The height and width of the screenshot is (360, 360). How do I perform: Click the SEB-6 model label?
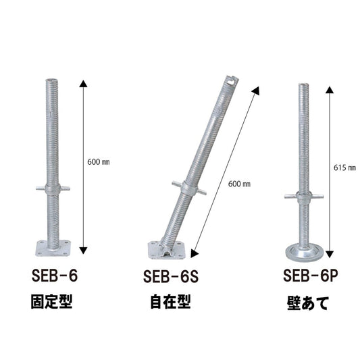click(55, 276)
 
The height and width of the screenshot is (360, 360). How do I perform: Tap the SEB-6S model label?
click(171, 277)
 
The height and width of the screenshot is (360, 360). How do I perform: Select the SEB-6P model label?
click(311, 276)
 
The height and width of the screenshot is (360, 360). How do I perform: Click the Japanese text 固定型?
click(52, 301)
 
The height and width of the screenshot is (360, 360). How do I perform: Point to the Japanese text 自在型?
click(170, 302)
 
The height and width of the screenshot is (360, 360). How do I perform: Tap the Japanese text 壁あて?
click(307, 303)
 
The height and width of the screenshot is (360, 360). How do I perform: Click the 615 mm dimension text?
click(344, 168)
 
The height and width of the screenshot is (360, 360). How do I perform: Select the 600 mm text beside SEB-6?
click(98, 162)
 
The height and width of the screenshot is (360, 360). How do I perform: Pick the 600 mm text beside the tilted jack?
click(239, 184)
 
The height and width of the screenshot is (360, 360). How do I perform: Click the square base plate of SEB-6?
click(53, 248)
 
